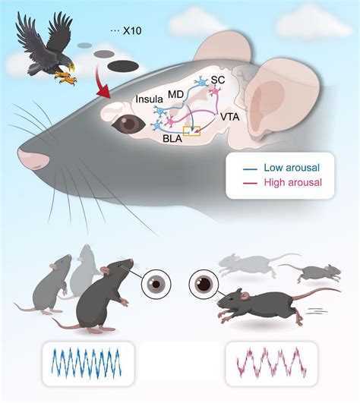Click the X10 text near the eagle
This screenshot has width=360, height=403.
click(x=132, y=31)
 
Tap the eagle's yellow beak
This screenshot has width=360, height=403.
click(x=71, y=68)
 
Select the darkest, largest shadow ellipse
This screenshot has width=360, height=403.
click(x=123, y=66)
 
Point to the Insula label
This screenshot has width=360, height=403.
click(x=150, y=99)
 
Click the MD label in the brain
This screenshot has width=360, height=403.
click(x=175, y=94)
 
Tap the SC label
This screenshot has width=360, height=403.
click(x=218, y=80)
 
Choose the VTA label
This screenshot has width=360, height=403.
click(x=230, y=117)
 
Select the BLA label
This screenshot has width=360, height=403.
click(x=172, y=139)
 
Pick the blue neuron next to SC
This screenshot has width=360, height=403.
click(x=202, y=83)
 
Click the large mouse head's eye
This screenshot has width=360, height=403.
click(x=128, y=124)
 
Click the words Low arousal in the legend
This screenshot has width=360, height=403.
click(x=292, y=168)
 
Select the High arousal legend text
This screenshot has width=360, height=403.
click(x=293, y=182)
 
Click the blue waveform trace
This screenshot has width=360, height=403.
click(x=86, y=364)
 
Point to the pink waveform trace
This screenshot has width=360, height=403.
click(x=272, y=363)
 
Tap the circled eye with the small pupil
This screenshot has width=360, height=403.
click(x=156, y=284)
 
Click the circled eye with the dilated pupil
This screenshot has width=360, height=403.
click(x=204, y=284)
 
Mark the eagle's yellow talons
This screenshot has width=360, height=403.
click(x=65, y=78)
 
